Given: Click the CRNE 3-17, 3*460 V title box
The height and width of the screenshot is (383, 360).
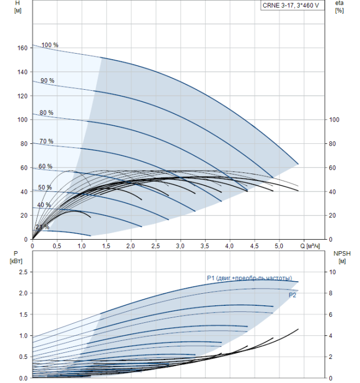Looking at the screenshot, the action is pos(292,5).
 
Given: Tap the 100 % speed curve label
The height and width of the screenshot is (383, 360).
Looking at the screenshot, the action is pos(50,45).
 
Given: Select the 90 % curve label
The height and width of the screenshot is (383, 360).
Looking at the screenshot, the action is pos(48,80).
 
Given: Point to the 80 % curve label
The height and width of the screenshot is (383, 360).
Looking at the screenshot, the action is pos(47,113).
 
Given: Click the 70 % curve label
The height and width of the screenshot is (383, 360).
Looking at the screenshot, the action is pos(47,141).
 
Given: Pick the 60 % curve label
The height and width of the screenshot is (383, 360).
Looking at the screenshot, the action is pos(45,166).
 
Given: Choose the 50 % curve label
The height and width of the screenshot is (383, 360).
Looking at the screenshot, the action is pos(45,187).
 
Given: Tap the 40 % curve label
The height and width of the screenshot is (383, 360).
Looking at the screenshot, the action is pos(44,205).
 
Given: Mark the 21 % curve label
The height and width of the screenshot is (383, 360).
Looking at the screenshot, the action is pos(43,227).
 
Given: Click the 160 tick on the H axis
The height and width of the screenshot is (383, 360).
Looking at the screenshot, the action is pos(22,48).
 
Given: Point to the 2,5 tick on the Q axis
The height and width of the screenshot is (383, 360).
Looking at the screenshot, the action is pos(155,246).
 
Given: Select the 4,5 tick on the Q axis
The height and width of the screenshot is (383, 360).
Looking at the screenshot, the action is pos(254,246).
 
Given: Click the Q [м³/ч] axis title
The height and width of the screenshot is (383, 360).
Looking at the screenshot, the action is pos(310,246).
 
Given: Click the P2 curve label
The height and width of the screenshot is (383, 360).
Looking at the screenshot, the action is pos(292,295).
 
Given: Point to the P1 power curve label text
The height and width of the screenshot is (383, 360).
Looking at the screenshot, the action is pos(249,278).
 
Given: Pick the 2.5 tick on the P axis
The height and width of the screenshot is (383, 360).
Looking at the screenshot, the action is pos(23,272).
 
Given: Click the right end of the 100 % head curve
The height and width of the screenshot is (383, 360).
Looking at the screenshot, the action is pos(298,164).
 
